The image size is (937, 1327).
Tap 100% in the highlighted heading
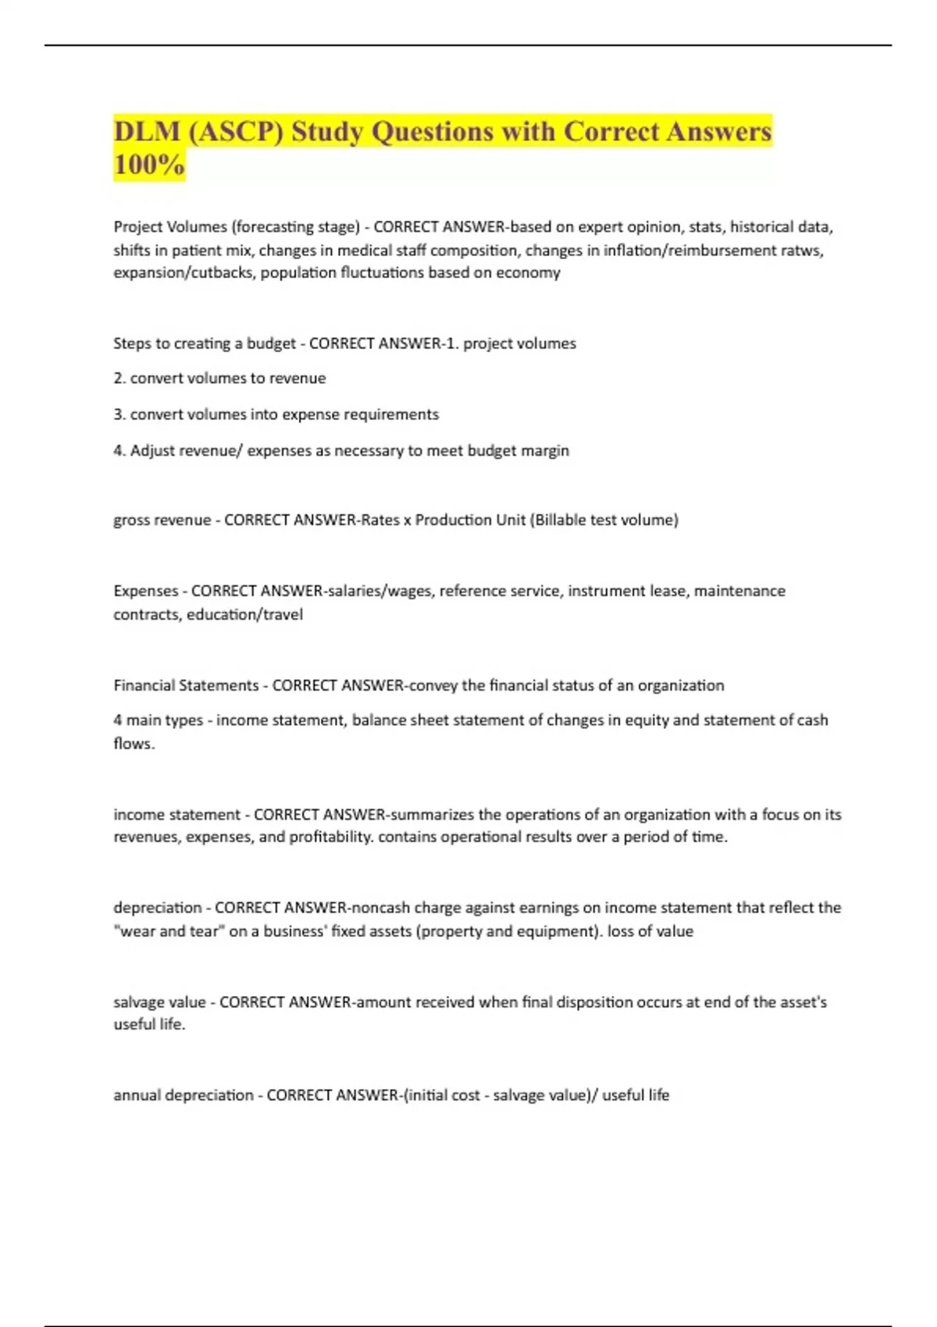tap(149, 165)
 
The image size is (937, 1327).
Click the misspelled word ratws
tap(801, 250)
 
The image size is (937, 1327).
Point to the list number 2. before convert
tap(119, 379)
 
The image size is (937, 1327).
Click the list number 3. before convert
tap(119, 414)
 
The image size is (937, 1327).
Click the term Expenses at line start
tap(145, 591)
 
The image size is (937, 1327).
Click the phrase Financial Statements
tap(186, 685)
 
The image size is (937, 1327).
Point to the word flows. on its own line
tap(134, 743)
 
